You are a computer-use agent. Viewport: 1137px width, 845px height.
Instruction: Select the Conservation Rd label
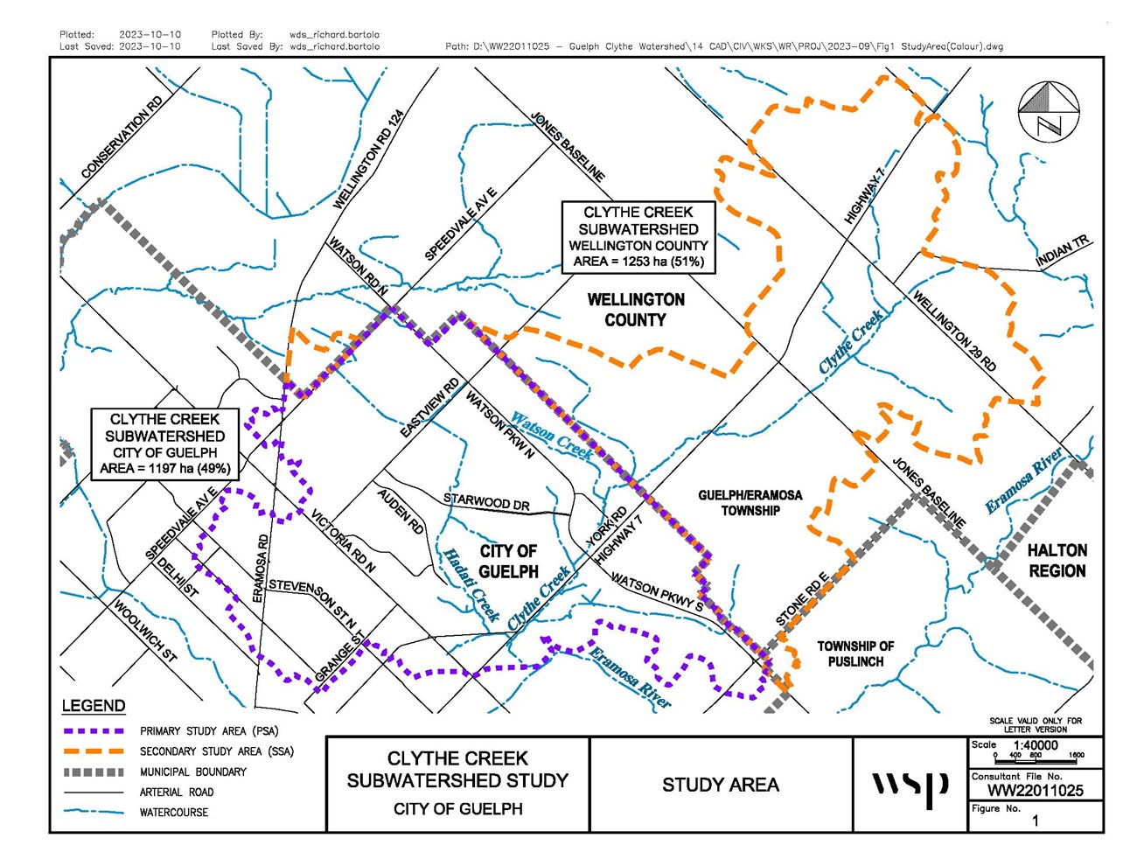tap(122, 138)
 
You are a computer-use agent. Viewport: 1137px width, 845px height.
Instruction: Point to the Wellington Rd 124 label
tap(369, 159)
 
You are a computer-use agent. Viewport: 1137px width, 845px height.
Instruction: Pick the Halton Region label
tap(1057, 561)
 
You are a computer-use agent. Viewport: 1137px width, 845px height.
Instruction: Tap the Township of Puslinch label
tap(855, 653)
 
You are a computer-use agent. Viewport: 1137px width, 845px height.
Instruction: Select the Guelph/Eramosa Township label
tap(750, 502)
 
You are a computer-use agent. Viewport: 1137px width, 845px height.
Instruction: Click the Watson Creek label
tap(552, 435)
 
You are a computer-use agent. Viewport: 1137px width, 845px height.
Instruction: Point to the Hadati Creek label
tap(471, 584)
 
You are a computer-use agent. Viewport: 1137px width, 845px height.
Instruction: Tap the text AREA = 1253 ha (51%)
tap(638, 262)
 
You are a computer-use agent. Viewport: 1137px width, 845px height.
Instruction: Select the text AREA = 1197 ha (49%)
tap(165, 468)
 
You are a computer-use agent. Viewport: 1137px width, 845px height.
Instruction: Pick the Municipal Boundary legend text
tap(193, 772)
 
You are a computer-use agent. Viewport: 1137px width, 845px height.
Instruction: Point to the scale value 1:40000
tap(1036, 745)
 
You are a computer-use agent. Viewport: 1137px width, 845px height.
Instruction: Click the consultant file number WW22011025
tap(1036, 791)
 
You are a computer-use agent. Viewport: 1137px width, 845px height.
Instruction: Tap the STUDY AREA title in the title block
tap(720, 785)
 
